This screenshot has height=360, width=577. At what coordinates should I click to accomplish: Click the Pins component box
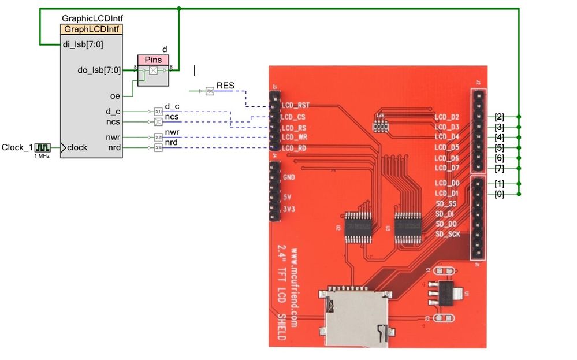pos(153,60)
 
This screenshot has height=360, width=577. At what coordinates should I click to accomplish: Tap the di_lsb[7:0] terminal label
pos(83,44)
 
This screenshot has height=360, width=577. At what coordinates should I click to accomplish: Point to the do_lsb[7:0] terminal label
pos(99,70)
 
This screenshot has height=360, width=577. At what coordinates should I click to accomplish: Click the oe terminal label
pos(115,96)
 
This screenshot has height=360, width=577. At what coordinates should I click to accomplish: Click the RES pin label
pos(225,86)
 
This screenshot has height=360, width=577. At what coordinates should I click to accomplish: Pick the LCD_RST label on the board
pos(295,106)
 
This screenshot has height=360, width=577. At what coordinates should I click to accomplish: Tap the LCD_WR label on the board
pos(295,138)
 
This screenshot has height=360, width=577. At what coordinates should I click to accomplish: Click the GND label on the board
pos(289,177)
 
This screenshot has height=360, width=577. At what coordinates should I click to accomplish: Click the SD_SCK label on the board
pos(448,234)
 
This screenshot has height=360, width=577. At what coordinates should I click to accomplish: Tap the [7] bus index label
pos(499,168)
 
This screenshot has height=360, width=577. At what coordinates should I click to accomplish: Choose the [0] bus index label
pos(499,194)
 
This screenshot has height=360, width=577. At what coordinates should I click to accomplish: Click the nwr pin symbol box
pos(158,137)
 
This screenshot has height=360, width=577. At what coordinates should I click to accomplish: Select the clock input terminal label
pos(77,147)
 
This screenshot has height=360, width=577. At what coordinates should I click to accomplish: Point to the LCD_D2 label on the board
pos(446,117)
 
